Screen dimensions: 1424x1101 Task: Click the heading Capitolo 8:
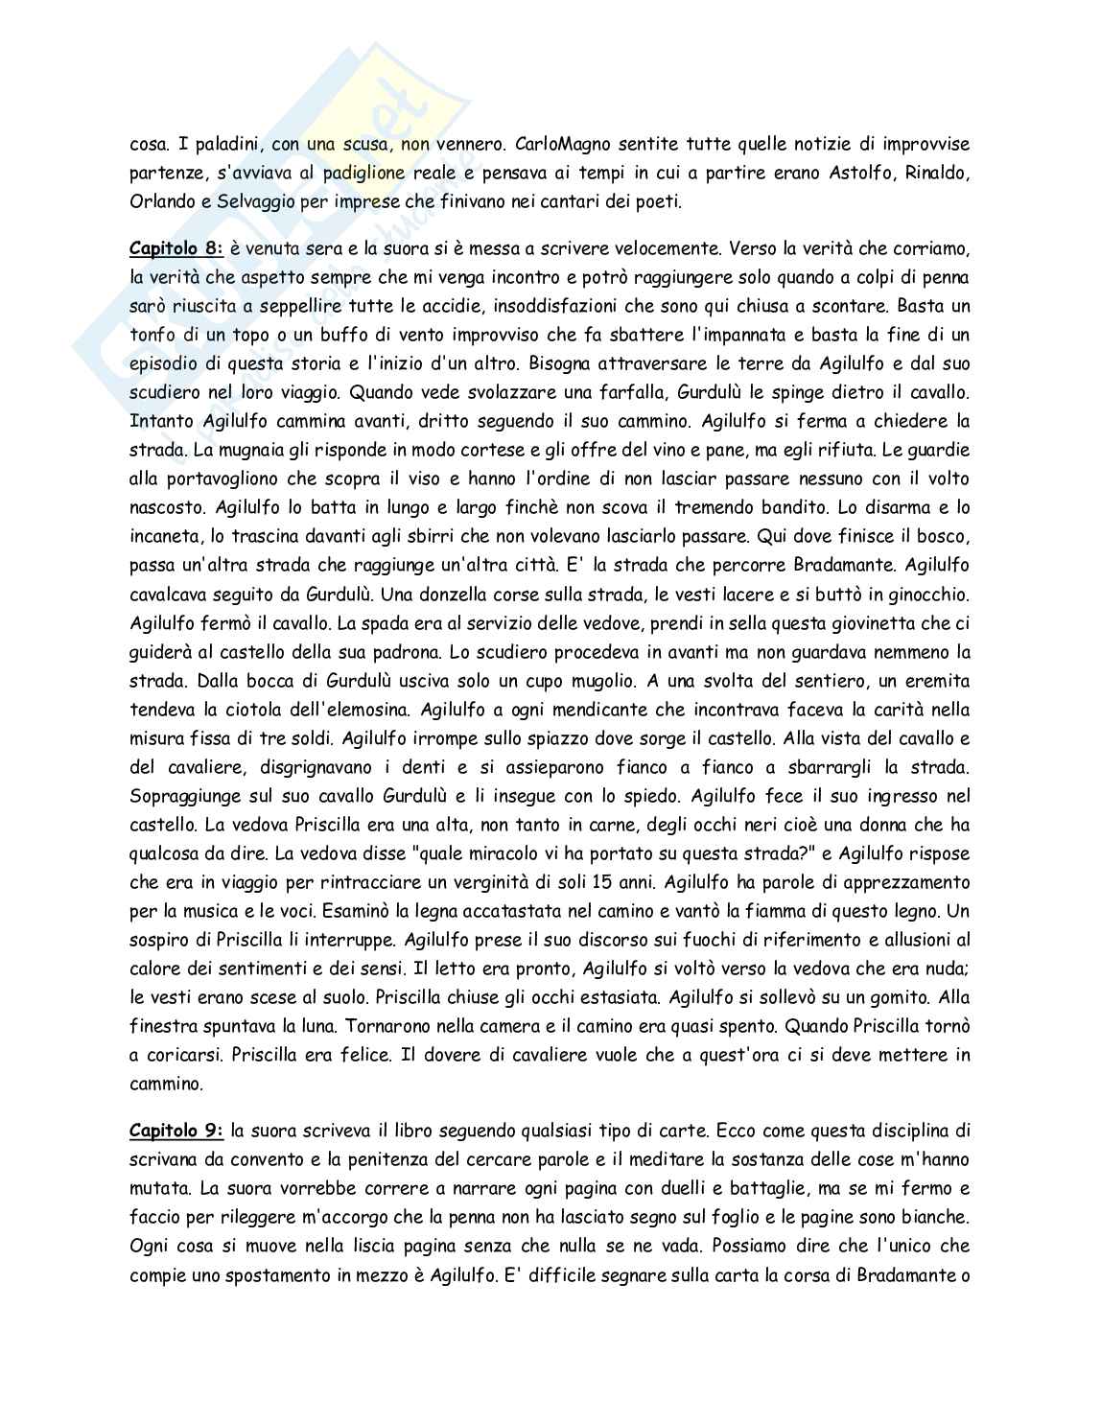[x=176, y=248]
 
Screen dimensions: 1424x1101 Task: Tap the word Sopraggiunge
[x=182, y=796]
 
